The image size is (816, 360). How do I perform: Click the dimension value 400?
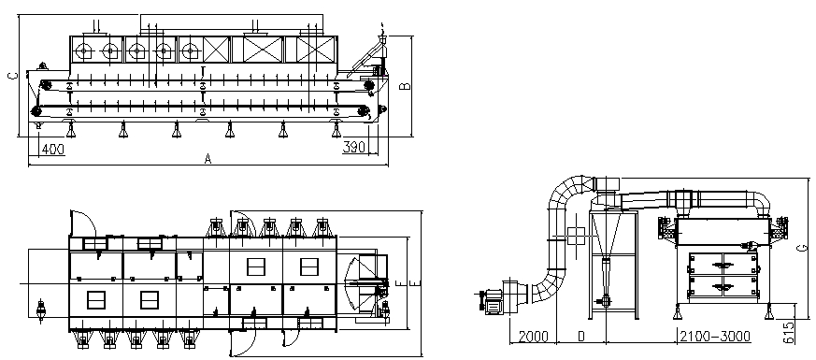pos(53,150)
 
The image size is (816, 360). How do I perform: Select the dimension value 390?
pos(354,148)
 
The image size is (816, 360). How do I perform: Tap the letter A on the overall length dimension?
pos(208,159)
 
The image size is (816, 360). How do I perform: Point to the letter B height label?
pos(407,86)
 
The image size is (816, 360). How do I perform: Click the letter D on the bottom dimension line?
pos(581,337)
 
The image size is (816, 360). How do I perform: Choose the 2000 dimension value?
pos(533,337)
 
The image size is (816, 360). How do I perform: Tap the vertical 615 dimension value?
pos(789,332)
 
